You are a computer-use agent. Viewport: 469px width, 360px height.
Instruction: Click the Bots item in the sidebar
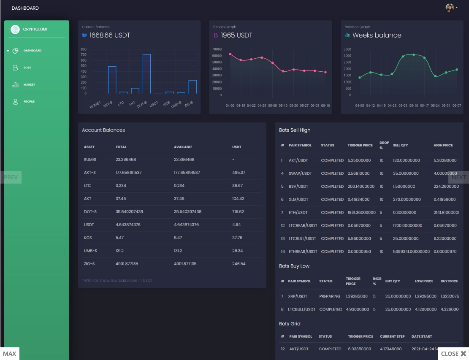[x=27, y=68]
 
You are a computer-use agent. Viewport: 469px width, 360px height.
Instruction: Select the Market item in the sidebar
[x=29, y=84]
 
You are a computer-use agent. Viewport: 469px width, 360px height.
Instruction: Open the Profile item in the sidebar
[x=29, y=102]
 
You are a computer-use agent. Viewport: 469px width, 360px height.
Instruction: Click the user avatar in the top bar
[x=450, y=8]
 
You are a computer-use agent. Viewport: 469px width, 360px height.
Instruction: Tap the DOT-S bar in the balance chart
[x=146, y=74]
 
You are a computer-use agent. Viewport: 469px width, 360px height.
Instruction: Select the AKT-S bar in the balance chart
[x=112, y=80]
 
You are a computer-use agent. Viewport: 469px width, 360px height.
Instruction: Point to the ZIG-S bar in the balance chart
[x=192, y=87]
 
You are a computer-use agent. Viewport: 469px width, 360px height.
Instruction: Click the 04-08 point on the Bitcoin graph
[x=230, y=54]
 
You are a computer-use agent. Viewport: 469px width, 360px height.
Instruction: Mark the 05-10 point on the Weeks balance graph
[x=414, y=54]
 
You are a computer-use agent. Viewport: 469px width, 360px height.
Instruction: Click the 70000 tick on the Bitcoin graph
[x=217, y=49]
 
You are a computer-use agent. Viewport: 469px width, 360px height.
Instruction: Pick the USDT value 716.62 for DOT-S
[x=238, y=211]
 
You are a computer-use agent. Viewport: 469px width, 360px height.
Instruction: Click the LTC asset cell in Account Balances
[x=87, y=186]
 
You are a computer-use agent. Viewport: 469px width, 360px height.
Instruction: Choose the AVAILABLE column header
[x=183, y=147]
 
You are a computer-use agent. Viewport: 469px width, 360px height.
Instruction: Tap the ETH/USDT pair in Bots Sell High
[x=298, y=212]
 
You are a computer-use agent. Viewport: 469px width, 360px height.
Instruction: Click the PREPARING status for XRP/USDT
[x=330, y=296]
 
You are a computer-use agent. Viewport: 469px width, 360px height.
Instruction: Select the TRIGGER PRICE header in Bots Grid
[x=360, y=336]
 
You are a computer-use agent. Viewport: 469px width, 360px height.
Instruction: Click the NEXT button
[x=458, y=177]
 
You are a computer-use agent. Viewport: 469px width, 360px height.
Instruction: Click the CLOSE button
[x=453, y=354]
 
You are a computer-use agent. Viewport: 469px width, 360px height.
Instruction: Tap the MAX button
[x=10, y=354]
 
